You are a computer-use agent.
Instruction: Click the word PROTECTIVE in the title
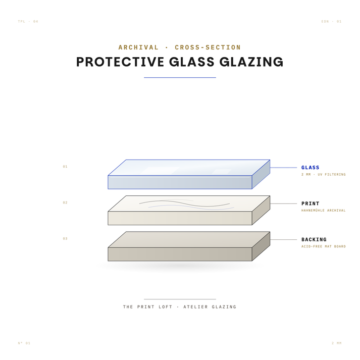(120, 62)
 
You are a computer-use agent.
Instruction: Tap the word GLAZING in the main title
(251, 62)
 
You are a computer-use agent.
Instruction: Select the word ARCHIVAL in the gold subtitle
(138, 47)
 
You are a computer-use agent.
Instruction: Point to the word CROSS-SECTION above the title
(208, 47)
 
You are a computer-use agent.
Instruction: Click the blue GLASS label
(310, 167)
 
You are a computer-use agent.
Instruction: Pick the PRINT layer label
(310, 203)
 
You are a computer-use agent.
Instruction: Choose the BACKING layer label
(314, 239)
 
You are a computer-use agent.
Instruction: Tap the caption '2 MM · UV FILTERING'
(324, 175)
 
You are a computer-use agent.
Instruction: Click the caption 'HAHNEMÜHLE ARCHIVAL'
(324, 211)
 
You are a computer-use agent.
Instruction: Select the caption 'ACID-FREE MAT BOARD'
(324, 246)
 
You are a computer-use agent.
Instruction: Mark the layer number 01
(65, 167)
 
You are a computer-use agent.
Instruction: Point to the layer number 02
(65, 202)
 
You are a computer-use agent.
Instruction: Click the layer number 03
(65, 238)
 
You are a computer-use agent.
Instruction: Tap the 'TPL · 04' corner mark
(28, 21)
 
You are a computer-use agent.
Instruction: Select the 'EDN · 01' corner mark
(331, 21)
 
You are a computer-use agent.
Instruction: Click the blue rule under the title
(180, 78)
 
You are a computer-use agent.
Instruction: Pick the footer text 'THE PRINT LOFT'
(147, 307)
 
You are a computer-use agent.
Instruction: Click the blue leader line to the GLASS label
(284, 168)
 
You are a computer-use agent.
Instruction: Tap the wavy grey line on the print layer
(184, 203)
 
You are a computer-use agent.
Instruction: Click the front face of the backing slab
(180, 254)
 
